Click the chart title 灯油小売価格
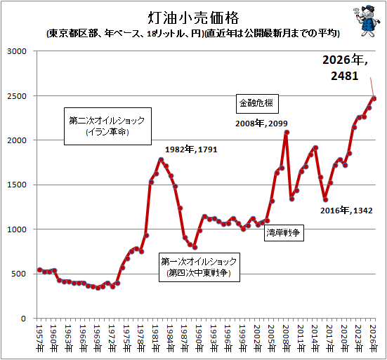[194, 18]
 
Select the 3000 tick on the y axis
[17, 51]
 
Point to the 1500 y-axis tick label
[17, 185]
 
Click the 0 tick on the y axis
[23, 319]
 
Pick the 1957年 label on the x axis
[39, 338]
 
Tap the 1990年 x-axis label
[199, 338]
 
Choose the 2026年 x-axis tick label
[373, 338]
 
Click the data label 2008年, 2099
[261, 124]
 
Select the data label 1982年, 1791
[191, 149]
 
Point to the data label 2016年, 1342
[346, 211]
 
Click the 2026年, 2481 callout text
[345, 68]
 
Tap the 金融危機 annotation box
[257, 104]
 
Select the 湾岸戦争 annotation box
[284, 232]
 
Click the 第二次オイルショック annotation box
[107, 126]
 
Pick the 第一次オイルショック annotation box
[199, 267]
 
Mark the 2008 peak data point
[287, 133]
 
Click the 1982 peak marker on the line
[161, 159]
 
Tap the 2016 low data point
[325, 200]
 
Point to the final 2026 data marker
[374, 99]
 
